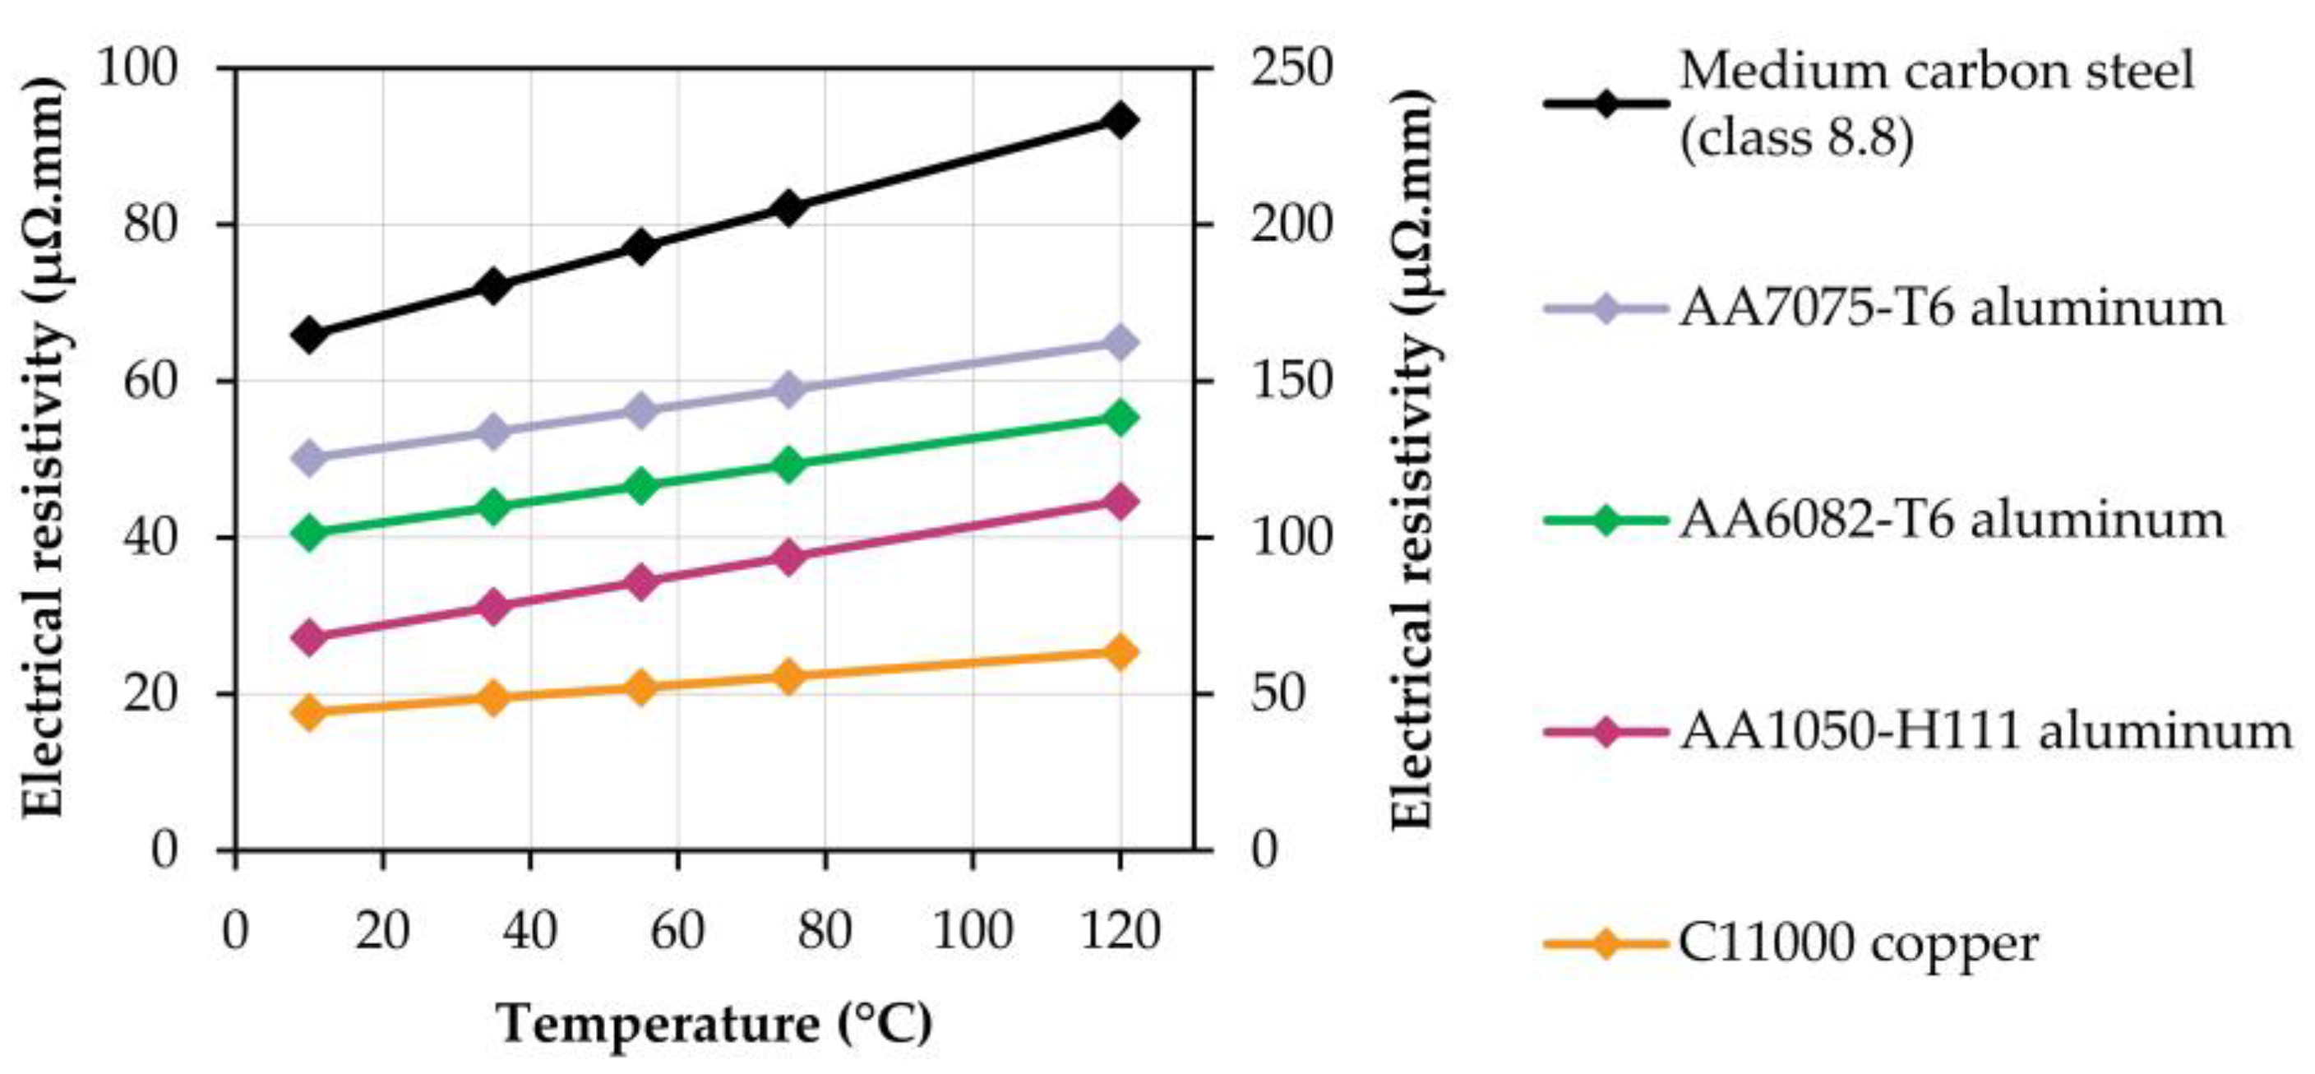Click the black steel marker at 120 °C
pos(1120,119)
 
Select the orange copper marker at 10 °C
pos(309,713)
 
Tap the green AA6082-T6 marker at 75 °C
pos(788,465)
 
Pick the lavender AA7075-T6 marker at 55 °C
pos(640,410)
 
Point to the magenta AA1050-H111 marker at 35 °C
pos(493,609)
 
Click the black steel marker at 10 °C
pos(309,335)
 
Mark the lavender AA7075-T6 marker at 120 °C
pos(1120,342)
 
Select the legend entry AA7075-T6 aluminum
pos(1950,308)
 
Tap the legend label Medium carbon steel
pos(1936,72)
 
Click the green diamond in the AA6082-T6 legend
pos(1605,521)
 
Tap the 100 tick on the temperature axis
pos(973,931)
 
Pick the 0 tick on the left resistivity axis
pos(164,849)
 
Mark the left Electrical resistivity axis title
pos(44,447)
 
